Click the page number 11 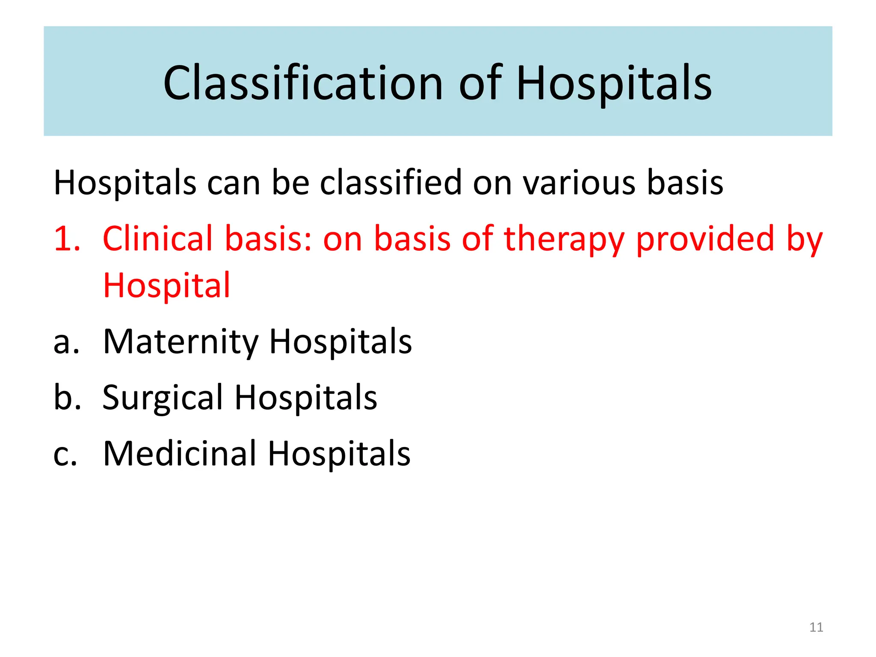(x=816, y=627)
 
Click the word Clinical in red (x=157, y=239)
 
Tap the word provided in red (x=705, y=239)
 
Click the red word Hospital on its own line (x=167, y=286)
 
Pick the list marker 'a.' (x=66, y=342)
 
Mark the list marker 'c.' (x=65, y=454)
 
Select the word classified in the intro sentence (x=391, y=183)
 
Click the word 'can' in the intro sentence (x=234, y=183)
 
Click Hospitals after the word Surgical (x=306, y=398)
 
